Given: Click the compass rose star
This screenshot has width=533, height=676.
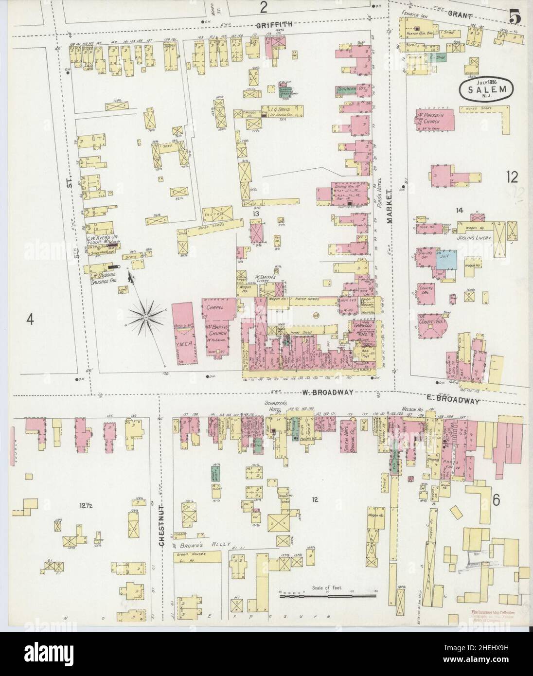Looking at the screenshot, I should click(146, 318).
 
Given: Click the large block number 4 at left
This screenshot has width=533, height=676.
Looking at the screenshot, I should click(30, 320).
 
